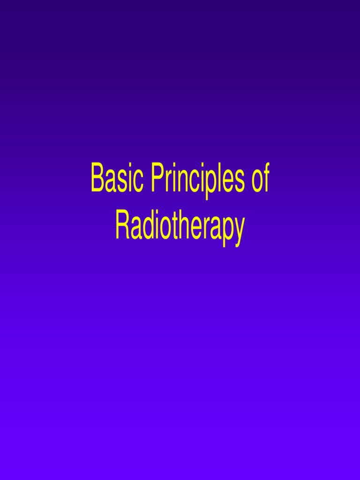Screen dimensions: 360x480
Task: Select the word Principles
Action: tap(198, 181)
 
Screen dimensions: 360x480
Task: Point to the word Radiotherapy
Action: tap(180, 228)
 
